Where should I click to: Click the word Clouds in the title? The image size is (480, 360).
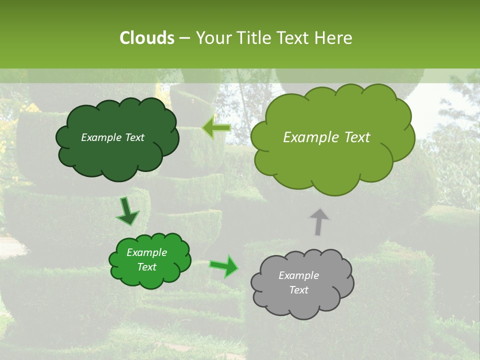tap(147, 38)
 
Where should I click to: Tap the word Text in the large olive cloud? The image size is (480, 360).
tap(355, 137)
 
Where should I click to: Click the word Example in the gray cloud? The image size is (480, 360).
tap(298, 275)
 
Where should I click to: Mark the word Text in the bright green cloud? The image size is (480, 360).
tap(147, 267)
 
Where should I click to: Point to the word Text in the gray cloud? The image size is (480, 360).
tap(298, 290)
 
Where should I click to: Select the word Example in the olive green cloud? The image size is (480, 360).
tap(309, 137)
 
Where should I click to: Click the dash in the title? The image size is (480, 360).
tap(184, 38)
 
